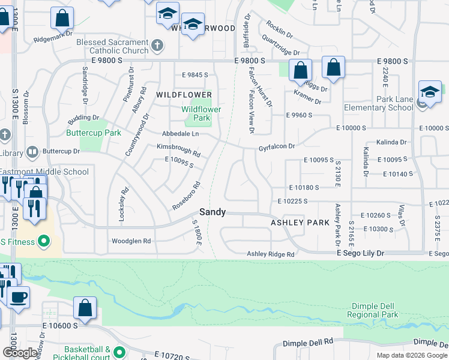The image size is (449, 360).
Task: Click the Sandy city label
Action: pyautogui.click(x=212, y=212)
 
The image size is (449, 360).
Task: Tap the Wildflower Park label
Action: pyautogui.click(x=202, y=113)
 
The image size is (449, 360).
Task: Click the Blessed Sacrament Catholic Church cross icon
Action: pyautogui.click(x=157, y=45)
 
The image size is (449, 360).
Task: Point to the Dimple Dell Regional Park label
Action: pyautogui.click(x=372, y=310)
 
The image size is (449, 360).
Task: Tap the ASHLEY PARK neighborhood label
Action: pyautogui.click(x=300, y=222)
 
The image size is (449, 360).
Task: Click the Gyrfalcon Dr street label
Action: pyautogui.click(x=277, y=146)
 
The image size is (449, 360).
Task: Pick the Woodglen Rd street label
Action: pyautogui.click(x=131, y=241)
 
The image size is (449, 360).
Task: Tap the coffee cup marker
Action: pyautogui.click(x=18, y=296)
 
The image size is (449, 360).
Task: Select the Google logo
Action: pyautogui.click(x=20, y=352)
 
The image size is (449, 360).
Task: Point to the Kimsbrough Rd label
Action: pyautogui.click(x=178, y=150)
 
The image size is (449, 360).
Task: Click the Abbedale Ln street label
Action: pyautogui.click(x=180, y=134)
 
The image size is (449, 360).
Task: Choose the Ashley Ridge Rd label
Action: pyautogui.click(x=271, y=254)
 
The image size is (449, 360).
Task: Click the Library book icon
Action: pyautogui.click(x=32, y=152)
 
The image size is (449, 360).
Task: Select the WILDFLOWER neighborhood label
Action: pyautogui.click(x=184, y=95)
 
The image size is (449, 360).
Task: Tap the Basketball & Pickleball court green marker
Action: pyautogui.click(x=119, y=352)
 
